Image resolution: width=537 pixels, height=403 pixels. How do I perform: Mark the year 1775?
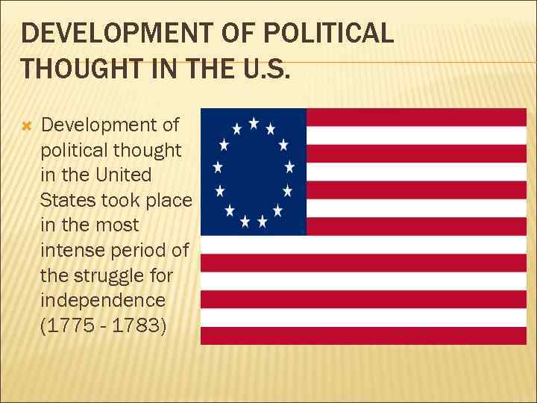(x=72, y=327)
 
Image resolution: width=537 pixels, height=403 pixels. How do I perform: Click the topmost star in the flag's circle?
(x=254, y=122)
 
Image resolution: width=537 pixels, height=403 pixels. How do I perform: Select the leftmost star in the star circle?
(x=218, y=167)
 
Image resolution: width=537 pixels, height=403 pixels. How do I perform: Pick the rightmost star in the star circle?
(x=289, y=167)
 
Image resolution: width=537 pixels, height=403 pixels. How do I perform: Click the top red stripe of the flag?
(x=416, y=117)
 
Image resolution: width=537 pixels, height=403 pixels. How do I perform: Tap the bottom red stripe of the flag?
(x=364, y=335)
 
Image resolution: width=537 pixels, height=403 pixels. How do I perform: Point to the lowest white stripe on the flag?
(x=364, y=317)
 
